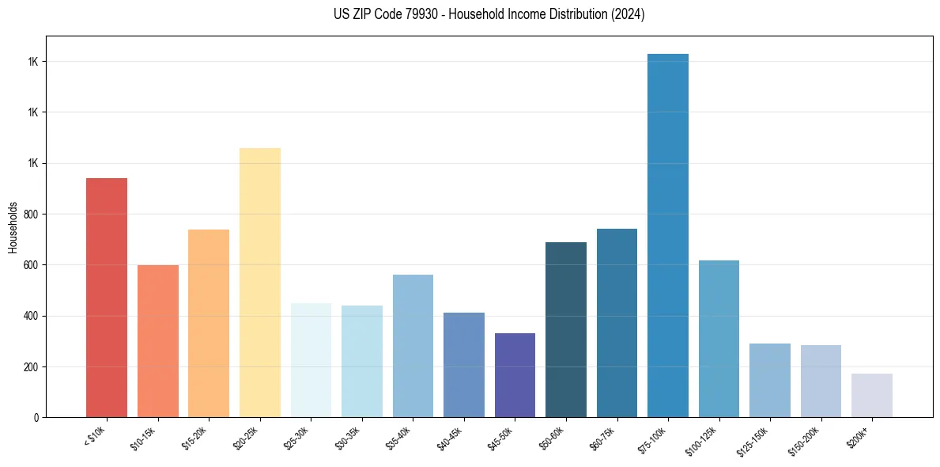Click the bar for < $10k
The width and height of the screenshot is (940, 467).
coord(107,298)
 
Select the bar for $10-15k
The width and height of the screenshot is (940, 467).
coord(158,341)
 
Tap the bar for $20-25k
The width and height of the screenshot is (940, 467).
coord(260,283)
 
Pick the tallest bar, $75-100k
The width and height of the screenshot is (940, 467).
coord(668,236)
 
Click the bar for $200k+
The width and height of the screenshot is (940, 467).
coord(872,396)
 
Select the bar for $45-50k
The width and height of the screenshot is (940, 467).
coord(515,375)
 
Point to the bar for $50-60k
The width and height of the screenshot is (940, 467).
coord(566,330)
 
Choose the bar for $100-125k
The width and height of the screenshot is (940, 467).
coord(719,339)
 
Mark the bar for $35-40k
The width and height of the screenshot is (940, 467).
coord(413,346)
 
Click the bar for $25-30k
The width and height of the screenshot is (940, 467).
coord(311,360)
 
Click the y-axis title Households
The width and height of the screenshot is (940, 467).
coord(13,226)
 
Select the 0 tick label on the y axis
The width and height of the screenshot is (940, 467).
coord(36,418)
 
